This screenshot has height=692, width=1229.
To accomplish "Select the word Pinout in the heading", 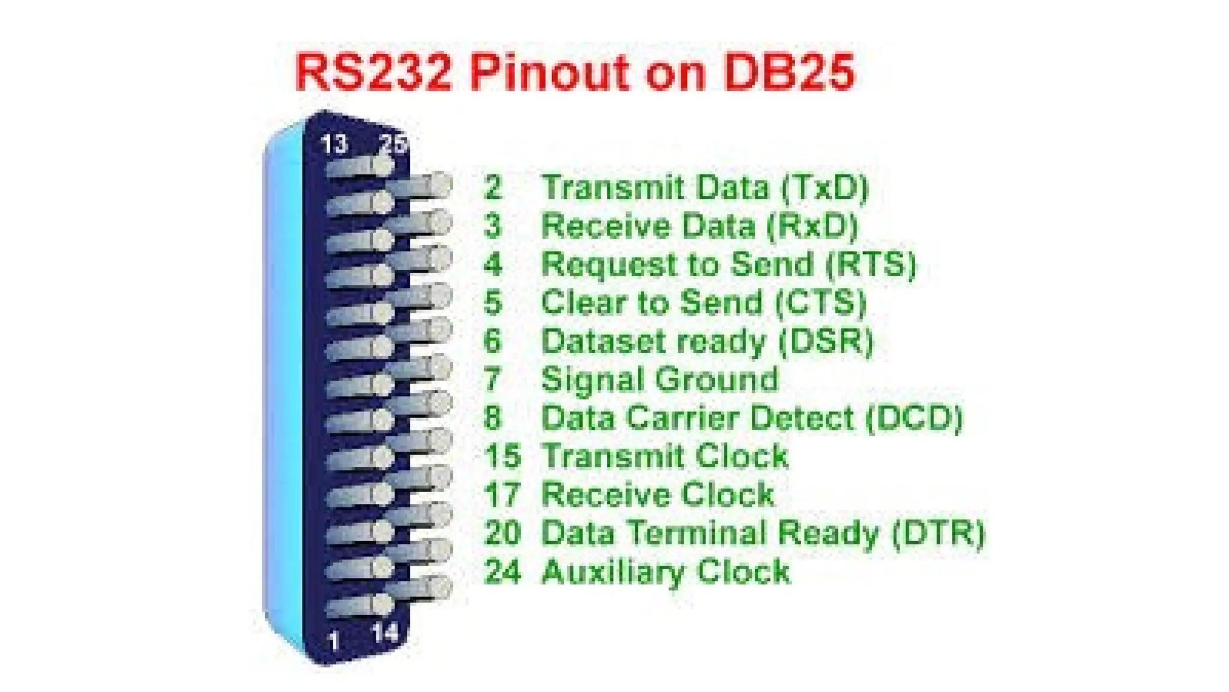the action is [548, 73].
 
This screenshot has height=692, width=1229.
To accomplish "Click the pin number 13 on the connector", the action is [334, 144].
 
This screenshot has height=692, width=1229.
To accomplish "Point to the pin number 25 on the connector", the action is [394, 144].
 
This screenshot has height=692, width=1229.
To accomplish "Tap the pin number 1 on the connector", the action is [334, 641].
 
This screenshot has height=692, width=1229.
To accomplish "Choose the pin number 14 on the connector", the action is [385, 633].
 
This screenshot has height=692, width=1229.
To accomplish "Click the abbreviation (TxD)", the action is [825, 187].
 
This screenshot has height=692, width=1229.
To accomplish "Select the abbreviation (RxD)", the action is [813, 226].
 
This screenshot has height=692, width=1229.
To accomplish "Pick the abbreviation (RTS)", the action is [871, 264].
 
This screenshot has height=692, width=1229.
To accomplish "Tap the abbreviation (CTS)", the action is [821, 303].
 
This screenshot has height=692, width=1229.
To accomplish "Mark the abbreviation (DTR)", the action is [939, 533].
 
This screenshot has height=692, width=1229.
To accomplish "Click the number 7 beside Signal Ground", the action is [492, 380].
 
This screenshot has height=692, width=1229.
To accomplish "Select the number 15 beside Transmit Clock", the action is [502, 456].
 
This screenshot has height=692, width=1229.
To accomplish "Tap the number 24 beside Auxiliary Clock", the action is [502, 571].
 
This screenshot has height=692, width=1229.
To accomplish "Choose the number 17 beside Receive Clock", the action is [502, 494].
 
